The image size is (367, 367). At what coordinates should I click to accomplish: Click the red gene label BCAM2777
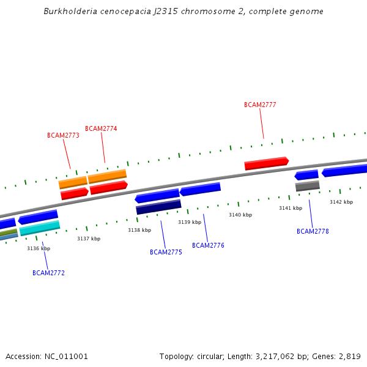pyautogui.click(x=260, y=105)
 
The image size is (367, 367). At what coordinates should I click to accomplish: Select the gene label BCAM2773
pyautogui.click(x=63, y=135)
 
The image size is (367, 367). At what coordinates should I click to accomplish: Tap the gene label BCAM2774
pyautogui.click(x=101, y=128)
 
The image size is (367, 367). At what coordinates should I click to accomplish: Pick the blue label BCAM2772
pyautogui.click(x=48, y=273)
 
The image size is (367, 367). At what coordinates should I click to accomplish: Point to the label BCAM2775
pyautogui.click(x=166, y=252)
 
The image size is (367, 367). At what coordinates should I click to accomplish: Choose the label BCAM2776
pyautogui.click(x=208, y=245)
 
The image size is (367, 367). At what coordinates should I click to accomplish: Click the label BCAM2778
pyautogui.click(x=313, y=231)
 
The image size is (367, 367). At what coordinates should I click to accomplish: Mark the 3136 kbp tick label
pyautogui.click(x=39, y=248)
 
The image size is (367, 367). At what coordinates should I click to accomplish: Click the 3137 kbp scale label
pyautogui.click(x=89, y=239)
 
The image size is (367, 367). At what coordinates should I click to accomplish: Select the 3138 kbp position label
pyautogui.click(x=139, y=230)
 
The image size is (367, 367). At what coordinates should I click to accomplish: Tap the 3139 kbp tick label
pyautogui.click(x=190, y=222)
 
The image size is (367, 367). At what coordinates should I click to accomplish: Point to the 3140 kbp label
pyautogui.click(x=240, y=215)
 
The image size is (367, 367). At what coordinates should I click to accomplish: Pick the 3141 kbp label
pyautogui.click(x=291, y=208)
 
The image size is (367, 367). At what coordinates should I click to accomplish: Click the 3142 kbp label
pyautogui.click(x=341, y=202)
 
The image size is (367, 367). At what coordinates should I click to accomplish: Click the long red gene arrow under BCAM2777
pyautogui.click(x=266, y=163)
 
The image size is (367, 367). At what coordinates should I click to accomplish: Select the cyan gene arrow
pyautogui.click(x=40, y=228)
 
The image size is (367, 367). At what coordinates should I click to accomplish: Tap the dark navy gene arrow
pyautogui.click(x=158, y=207)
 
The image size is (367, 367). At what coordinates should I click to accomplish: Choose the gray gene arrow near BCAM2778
pyautogui.click(x=307, y=186)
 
